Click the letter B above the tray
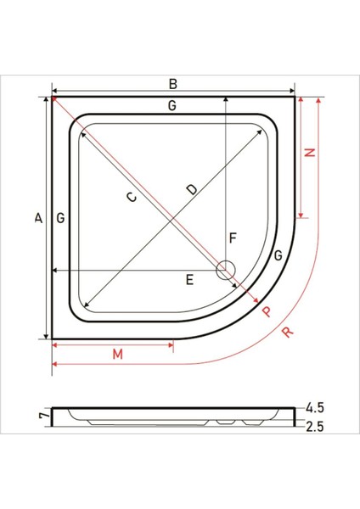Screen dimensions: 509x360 click(x=172, y=83)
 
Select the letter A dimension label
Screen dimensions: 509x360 click(x=37, y=219)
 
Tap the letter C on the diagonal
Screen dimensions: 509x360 click(x=131, y=198)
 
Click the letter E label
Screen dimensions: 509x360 click(x=190, y=279)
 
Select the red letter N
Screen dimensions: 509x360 click(x=310, y=153)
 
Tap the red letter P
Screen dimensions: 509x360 click(x=267, y=311)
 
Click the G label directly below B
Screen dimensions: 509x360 click(x=172, y=106)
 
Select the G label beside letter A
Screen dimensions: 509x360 click(x=60, y=219)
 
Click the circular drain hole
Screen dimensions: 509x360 click(x=226, y=271)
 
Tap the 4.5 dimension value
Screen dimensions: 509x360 click(x=317, y=406)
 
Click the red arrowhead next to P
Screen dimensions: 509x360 click(x=254, y=298)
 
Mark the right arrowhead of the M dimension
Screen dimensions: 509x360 click(x=172, y=344)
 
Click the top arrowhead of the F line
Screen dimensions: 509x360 click(x=226, y=99)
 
